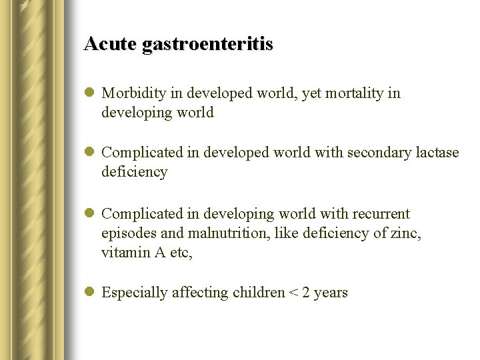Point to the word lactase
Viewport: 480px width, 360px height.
click(437, 153)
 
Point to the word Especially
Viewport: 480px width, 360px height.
click(136, 293)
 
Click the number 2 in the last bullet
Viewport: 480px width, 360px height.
click(306, 293)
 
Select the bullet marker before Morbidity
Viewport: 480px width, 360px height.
click(89, 94)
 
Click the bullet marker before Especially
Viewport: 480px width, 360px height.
click(89, 293)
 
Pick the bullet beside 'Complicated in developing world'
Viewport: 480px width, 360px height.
click(89, 215)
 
